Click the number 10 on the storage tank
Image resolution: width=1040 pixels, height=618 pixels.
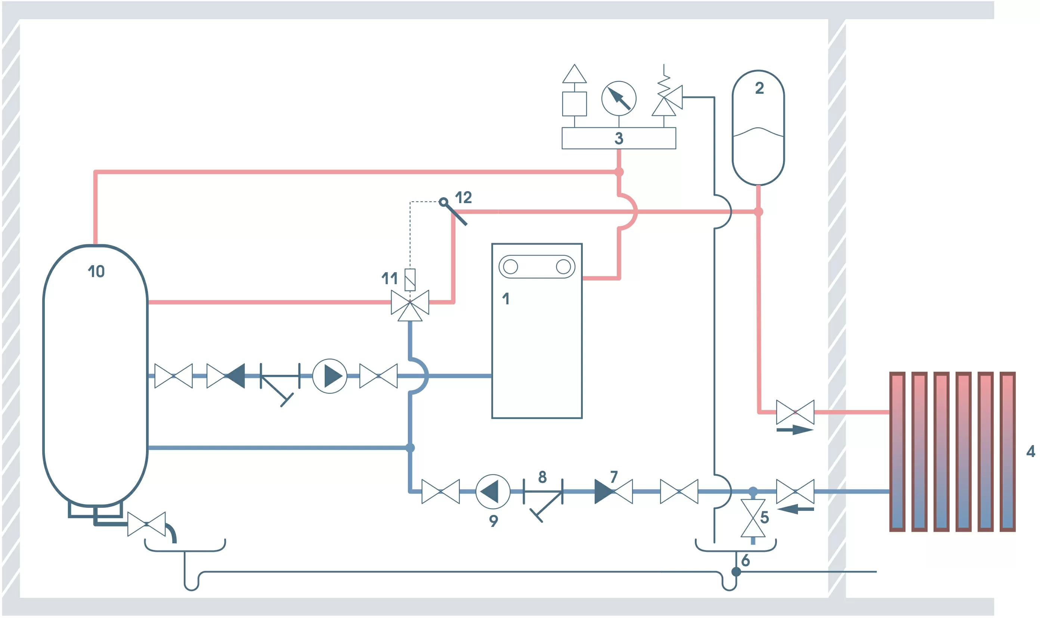click(x=96, y=271)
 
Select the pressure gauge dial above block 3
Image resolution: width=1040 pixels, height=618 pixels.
click(x=619, y=99)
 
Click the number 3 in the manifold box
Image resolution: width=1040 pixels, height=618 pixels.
click(x=619, y=138)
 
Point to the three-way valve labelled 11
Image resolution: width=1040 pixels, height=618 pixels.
click(x=410, y=303)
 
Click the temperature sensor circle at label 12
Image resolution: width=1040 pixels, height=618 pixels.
click(x=443, y=202)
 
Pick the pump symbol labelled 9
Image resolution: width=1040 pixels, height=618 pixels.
click(x=492, y=491)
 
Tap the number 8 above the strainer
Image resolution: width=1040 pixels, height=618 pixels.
click(x=542, y=477)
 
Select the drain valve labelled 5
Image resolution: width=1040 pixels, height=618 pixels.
click(x=753, y=518)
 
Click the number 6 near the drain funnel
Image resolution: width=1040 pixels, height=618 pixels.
click(x=746, y=560)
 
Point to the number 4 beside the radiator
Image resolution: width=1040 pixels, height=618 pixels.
click(x=1030, y=451)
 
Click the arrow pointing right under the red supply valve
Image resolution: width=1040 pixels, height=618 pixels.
click(x=794, y=430)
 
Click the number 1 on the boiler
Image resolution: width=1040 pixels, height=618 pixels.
click(x=506, y=299)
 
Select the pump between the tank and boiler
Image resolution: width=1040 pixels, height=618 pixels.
click(x=329, y=376)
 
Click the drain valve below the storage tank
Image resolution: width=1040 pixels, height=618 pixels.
click(x=146, y=524)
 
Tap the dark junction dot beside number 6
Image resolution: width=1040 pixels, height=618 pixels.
click(x=736, y=572)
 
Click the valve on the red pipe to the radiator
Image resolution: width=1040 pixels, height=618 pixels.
click(x=795, y=412)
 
